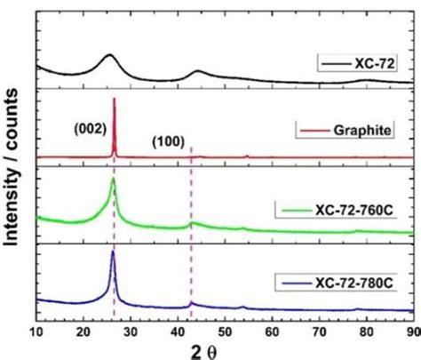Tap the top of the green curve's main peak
[113, 179]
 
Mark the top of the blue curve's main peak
[113, 252]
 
